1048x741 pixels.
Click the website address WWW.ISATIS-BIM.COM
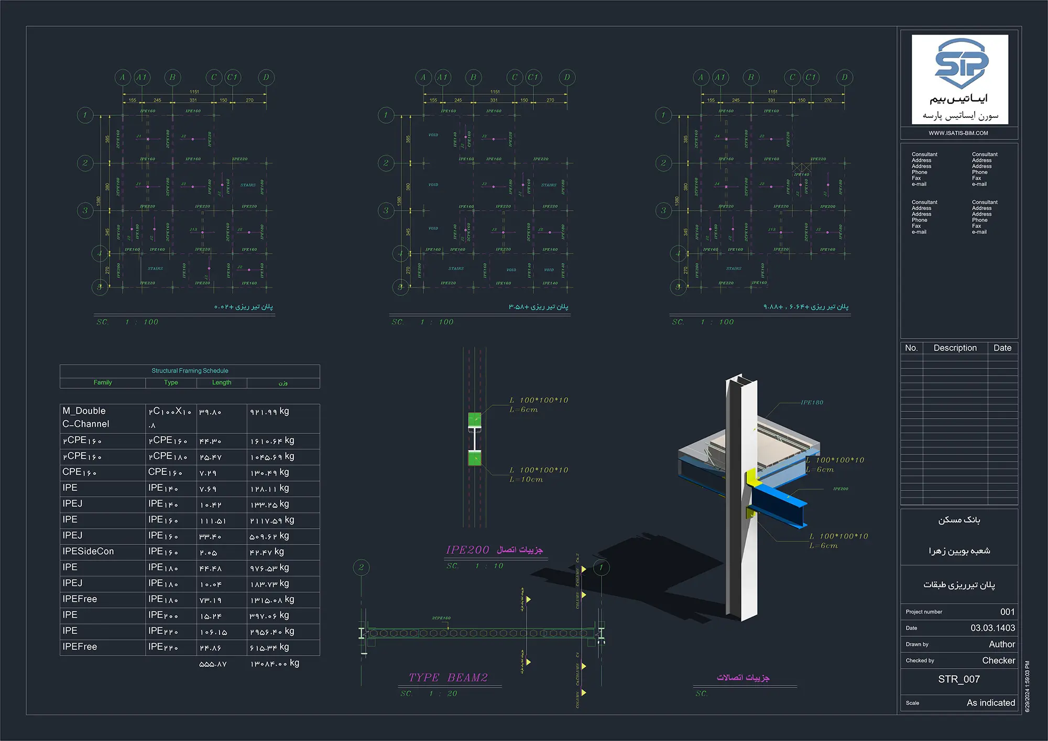(958, 133)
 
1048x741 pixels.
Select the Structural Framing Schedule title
(190, 371)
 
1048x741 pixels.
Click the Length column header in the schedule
(222, 383)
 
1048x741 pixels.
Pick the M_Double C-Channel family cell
(86, 418)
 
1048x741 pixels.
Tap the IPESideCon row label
(88, 551)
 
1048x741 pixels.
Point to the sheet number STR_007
(959, 679)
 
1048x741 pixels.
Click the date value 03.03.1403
(992, 628)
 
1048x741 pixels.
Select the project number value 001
(1007, 612)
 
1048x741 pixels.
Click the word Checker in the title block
(998, 660)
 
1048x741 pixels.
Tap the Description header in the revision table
(955, 348)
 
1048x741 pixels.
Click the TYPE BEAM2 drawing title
(448, 678)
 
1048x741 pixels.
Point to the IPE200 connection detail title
(467, 550)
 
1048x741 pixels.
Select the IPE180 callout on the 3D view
(812, 402)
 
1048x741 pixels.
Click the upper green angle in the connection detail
(474, 419)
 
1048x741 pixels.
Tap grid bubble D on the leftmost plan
(266, 78)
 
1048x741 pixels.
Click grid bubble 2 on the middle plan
(386, 163)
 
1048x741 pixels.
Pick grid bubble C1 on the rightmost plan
(811, 78)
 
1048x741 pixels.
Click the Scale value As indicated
(990, 703)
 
